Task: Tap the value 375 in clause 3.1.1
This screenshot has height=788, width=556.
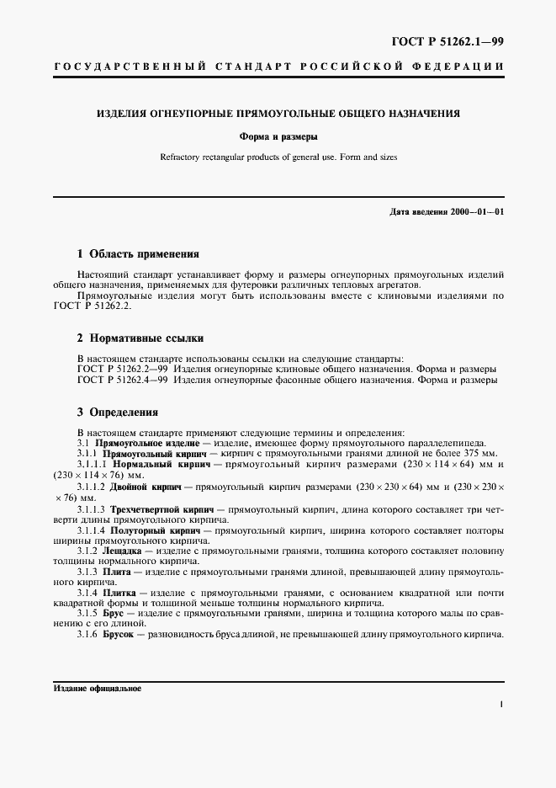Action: pos(471,453)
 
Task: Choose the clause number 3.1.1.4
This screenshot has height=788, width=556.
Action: pos(90,531)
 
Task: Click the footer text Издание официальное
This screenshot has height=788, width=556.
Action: pos(97,688)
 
